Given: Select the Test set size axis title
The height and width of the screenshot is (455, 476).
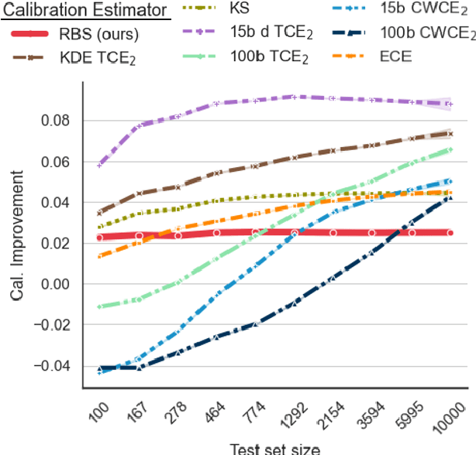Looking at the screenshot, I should [274, 447].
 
